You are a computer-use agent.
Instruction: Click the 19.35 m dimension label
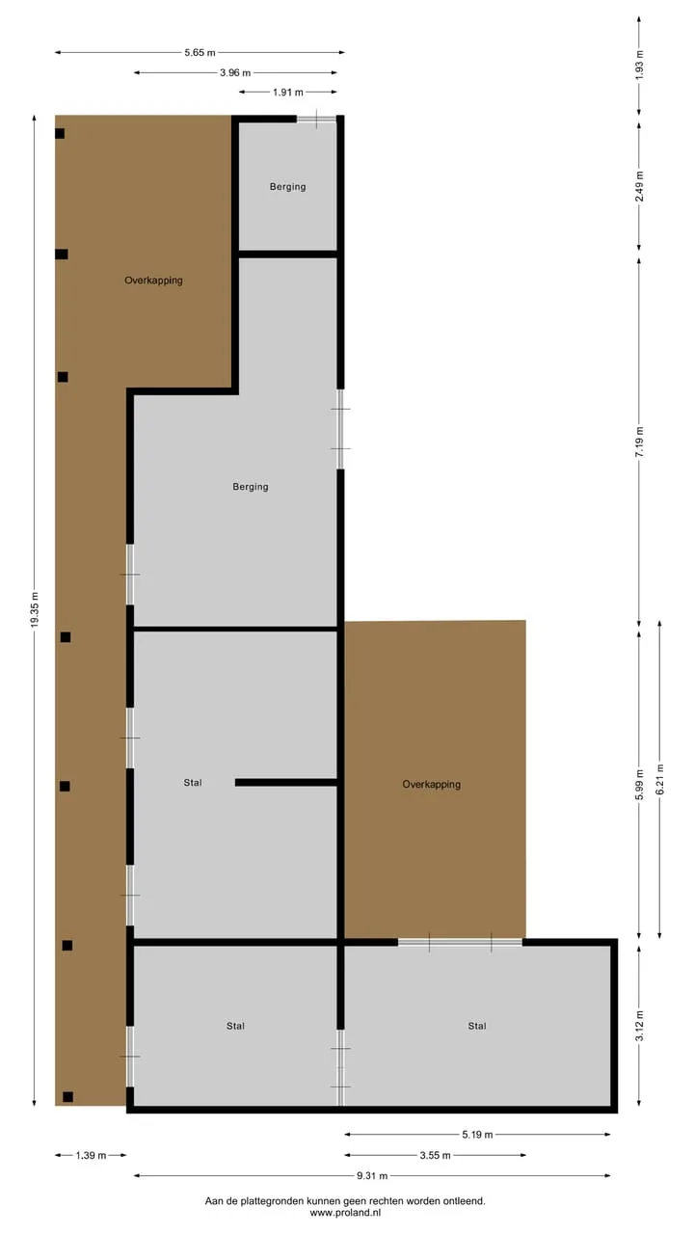[34, 609]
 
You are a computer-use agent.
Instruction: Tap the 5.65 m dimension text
[200, 53]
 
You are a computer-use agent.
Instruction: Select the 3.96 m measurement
[235, 72]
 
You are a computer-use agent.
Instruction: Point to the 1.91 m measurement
[287, 93]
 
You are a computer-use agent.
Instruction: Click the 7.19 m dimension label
[639, 442]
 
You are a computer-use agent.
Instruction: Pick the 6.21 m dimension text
[659, 780]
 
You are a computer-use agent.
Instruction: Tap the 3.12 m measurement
[639, 1026]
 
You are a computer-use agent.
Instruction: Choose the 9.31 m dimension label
[372, 1175]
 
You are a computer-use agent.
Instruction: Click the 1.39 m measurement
[91, 1155]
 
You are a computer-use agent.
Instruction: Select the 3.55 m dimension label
[435, 1155]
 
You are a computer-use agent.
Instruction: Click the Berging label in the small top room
[287, 187]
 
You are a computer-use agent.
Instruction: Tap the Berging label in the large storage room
[251, 487]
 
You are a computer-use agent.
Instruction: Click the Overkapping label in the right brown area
[431, 785]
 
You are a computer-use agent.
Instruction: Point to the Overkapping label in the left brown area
[153, 281]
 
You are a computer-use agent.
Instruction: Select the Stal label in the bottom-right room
[477, 1026]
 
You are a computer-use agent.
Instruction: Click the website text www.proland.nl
[345, 1213]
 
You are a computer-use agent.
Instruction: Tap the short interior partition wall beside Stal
[286, 782]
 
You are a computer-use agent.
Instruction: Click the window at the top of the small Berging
[317, 119]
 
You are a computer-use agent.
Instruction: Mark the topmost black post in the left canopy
[60, 133]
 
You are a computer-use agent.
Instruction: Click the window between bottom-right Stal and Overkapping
[460, 943]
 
